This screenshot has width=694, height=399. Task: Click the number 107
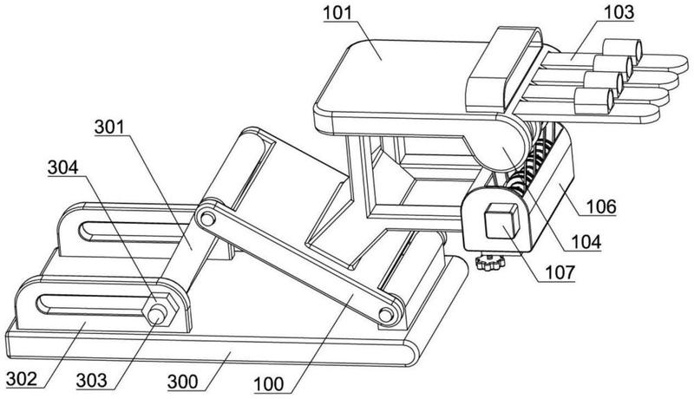tap(560, 272)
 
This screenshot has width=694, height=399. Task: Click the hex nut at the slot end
tap(160, 313)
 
